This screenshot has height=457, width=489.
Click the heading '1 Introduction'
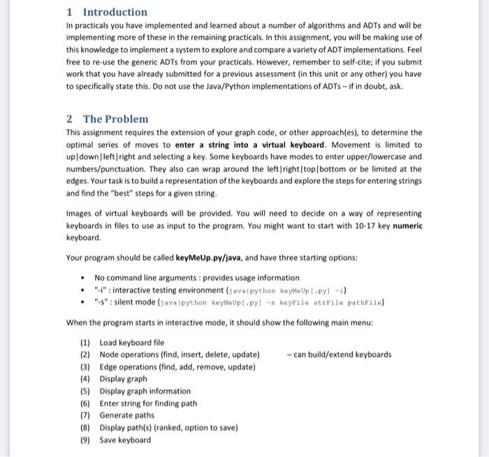tap(107, 12)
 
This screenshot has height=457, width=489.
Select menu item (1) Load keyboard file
tap(132, 342)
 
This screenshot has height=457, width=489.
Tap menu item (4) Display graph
tap(123, 379)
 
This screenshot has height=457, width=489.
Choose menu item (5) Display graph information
tap(145, 391)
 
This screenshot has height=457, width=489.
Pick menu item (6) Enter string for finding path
tap(148, 403)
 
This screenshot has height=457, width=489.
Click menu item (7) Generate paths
tap(128, 415)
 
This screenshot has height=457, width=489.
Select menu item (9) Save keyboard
tap(125, 440)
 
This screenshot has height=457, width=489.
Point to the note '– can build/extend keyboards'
tap(339, 355)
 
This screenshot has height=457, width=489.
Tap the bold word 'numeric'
tap(407, 227)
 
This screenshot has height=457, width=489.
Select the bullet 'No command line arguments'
tap(197, 277)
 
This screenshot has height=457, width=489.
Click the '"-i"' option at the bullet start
tap(101, 290)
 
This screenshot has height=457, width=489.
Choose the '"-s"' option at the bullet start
tap(101, 302)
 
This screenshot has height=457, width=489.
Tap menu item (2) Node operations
tap(180, 355)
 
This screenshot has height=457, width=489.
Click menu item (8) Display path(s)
tap(168, 428)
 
